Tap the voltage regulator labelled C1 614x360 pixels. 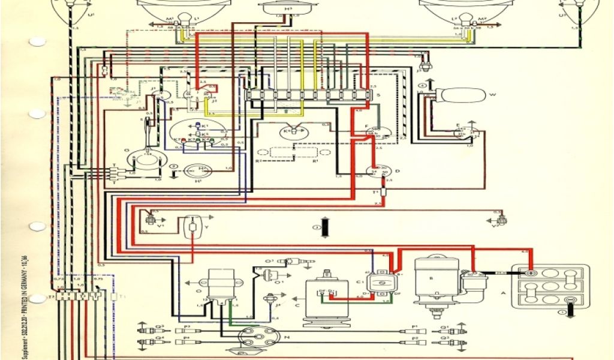tap(381, 282)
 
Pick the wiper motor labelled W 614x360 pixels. tap(460, 96)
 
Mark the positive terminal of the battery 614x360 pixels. tap(530, 272)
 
